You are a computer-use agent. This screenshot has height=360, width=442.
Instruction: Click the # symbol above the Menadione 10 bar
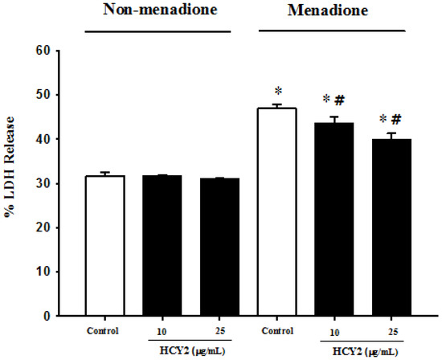tap(339, 100)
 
